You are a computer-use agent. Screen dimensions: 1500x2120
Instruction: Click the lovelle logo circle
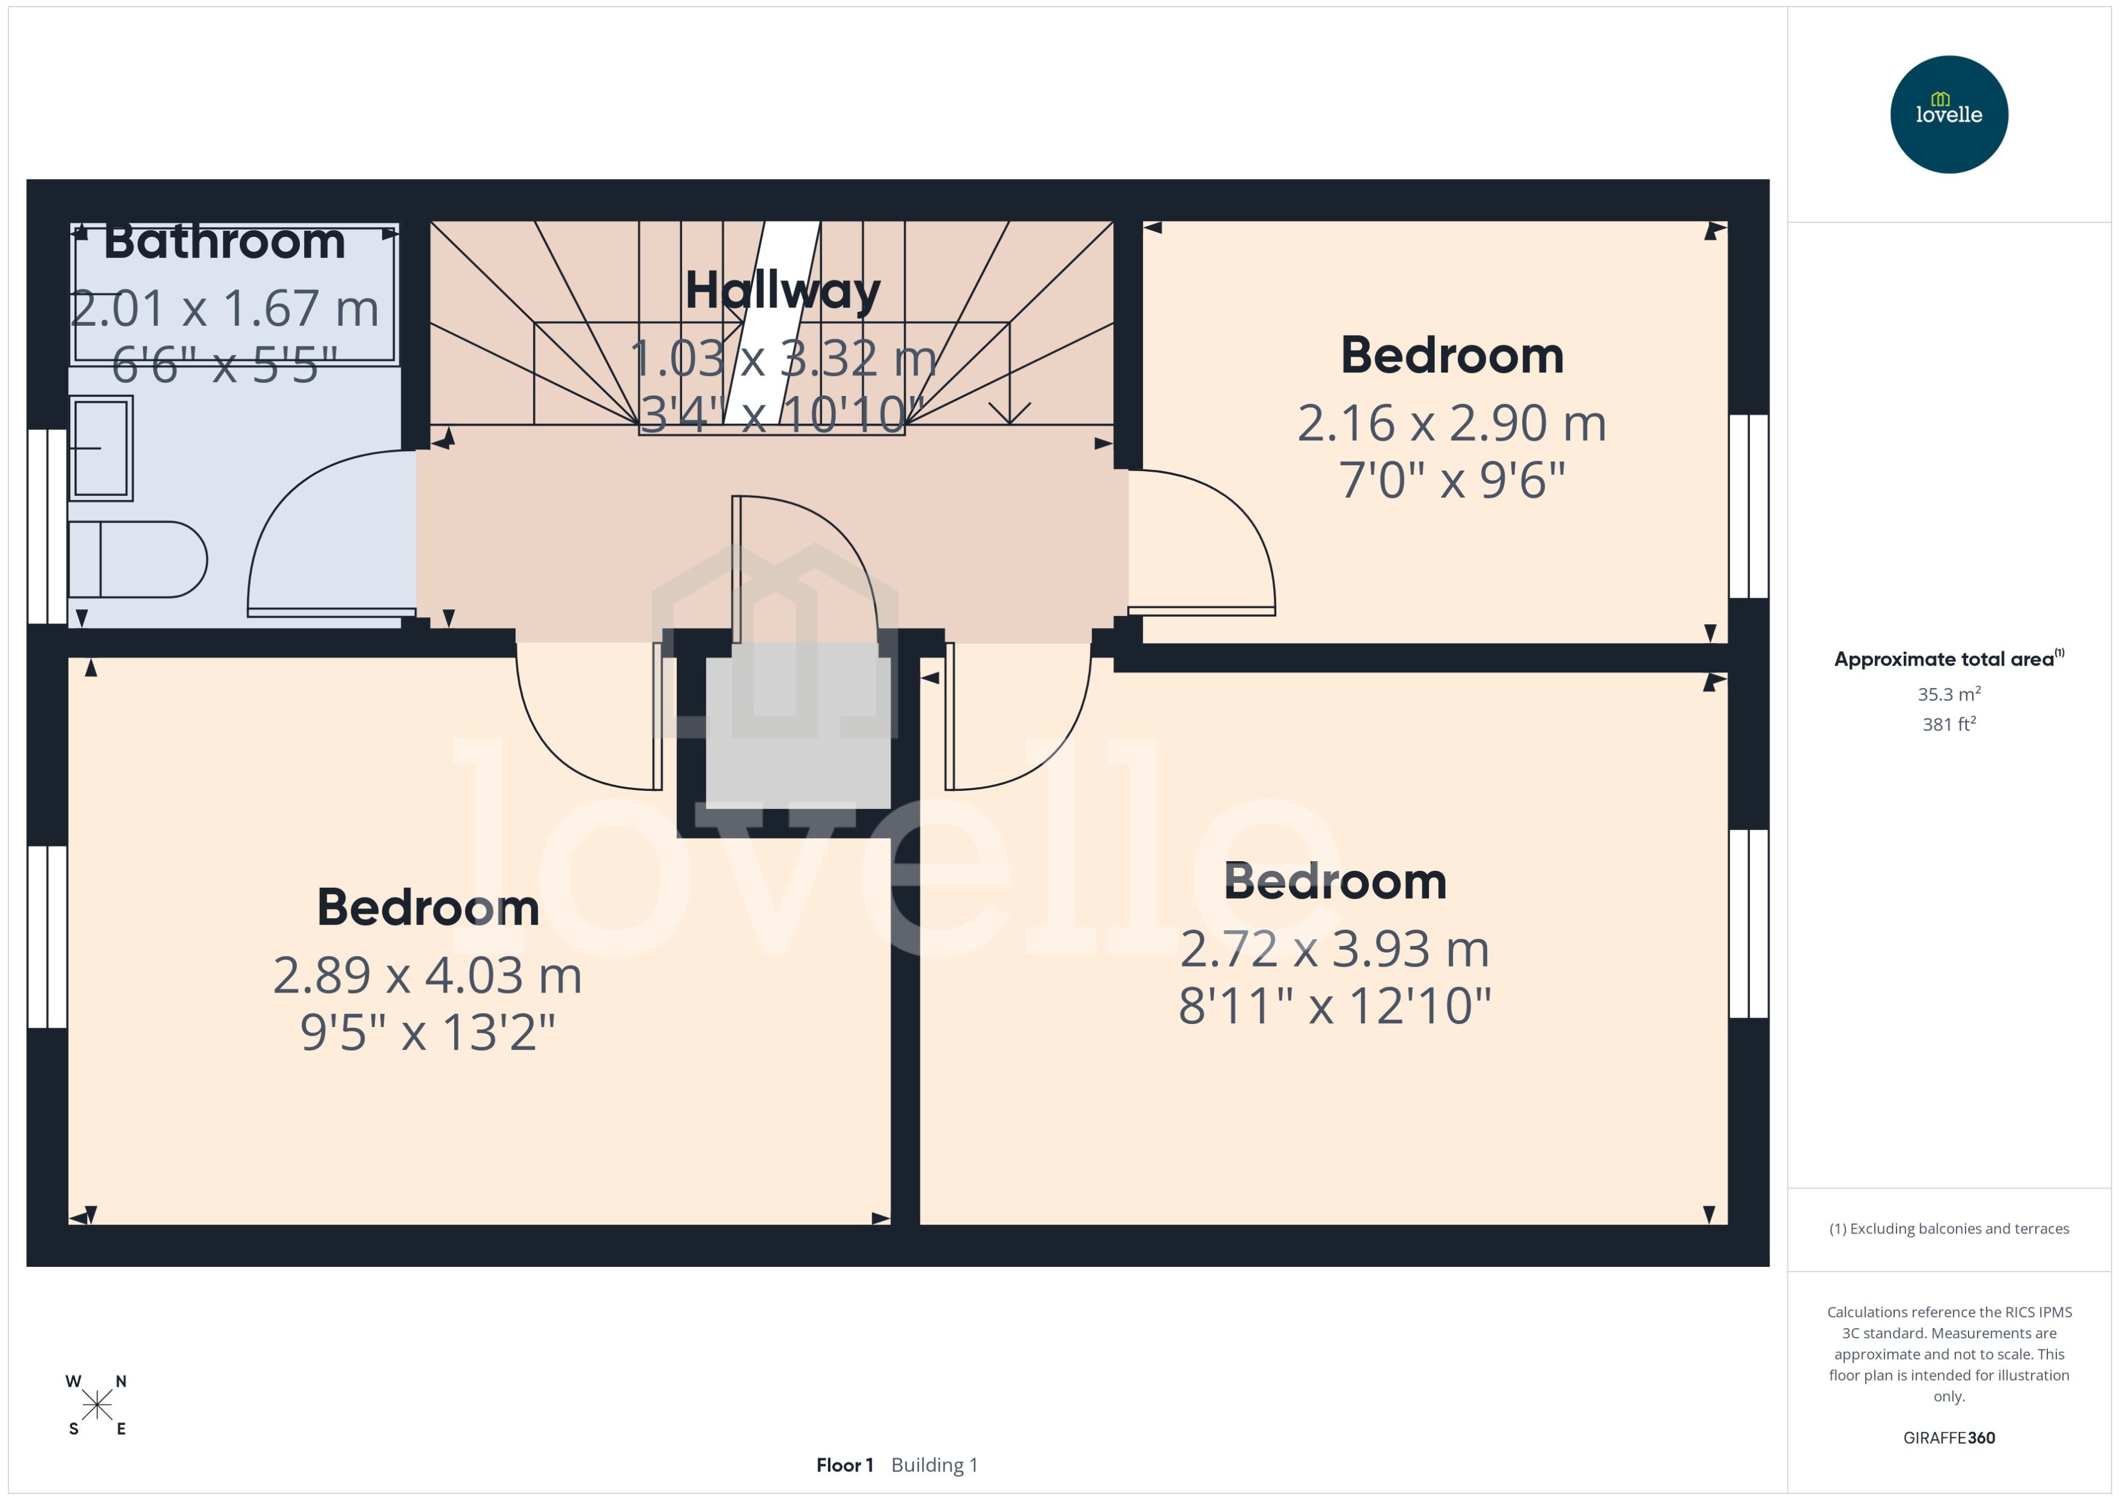pyautogui.click(x=1948, y=114)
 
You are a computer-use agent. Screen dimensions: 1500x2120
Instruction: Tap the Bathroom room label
pyautogui.click(x=225, y=242)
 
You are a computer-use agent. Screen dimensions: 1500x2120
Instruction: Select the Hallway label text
pyautogui.click(x=783, y=290)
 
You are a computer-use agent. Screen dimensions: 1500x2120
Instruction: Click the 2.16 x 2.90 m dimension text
pyautogui.click(x=1451, y=424)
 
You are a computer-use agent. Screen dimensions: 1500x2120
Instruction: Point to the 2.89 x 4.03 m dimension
pyautogui.click(x=427, y=976)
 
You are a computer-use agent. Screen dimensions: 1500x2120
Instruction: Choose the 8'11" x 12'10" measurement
pyautogui.click(x=1334, y=1006)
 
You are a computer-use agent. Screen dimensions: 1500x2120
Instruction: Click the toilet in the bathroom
pyautogui.click(x=139, y=559)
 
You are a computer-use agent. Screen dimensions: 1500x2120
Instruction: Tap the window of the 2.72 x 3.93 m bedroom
pyautogui.click(x=1747, y=923)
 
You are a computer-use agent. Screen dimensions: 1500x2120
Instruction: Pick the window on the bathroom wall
pyautogui.click(x=46, y=526)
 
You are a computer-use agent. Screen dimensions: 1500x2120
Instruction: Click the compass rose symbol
pyautogui.click(x=96, y=1405)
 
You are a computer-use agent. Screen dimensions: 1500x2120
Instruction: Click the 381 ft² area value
pyautogui.click(x=1948, y=724)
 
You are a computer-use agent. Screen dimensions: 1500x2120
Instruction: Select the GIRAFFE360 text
pyautogui.click(x=1948, y=1437)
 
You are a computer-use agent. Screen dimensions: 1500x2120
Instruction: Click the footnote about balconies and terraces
pyautogui.click(x=1948, y=1229)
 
